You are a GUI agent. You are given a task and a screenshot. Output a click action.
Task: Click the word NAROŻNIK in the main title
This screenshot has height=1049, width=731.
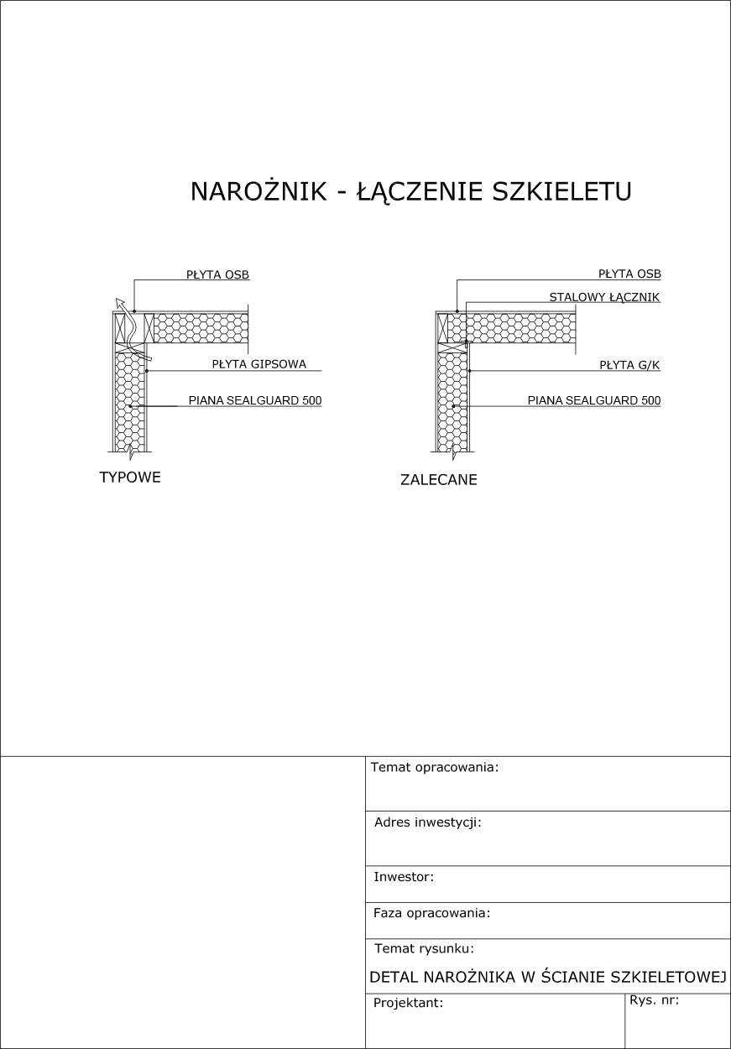click(258, 191)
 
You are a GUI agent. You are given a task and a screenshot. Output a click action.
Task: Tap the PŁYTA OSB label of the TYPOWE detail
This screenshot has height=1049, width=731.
click(217, 274)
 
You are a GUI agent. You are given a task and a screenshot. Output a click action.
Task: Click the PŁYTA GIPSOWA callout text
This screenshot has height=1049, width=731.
click(258, 364)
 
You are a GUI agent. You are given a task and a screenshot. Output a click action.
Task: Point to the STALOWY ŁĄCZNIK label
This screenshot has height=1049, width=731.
click(604, 297)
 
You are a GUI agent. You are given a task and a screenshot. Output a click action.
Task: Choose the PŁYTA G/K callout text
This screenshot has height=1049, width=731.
click(629, 365)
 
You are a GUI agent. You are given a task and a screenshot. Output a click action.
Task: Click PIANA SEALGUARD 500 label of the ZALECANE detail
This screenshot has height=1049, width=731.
click(593, 400)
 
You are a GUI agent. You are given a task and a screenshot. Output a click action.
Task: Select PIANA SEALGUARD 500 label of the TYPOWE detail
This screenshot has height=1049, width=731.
click(254, 400)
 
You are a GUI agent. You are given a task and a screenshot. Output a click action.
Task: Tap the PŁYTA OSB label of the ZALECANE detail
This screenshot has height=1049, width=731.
click(629, 274)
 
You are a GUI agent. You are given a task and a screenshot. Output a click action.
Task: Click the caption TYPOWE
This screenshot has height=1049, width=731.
click(130, 478)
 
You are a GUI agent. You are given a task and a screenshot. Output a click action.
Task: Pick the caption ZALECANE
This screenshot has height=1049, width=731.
click(439, 480)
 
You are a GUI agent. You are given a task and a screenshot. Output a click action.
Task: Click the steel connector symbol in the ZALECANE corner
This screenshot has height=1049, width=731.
click(465, 342)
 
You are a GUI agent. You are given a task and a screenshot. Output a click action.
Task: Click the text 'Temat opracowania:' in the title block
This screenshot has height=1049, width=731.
click(435, 767)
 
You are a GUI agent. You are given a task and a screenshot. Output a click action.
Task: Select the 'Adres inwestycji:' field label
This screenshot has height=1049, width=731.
click(427, 822)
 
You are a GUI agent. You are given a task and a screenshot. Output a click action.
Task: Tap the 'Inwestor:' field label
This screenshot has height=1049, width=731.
click(404, 877)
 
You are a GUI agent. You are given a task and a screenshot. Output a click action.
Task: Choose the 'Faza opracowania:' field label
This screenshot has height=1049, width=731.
click(431, 913)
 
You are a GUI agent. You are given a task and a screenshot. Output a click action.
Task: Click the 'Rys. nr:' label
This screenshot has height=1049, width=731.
click(654, 1000)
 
